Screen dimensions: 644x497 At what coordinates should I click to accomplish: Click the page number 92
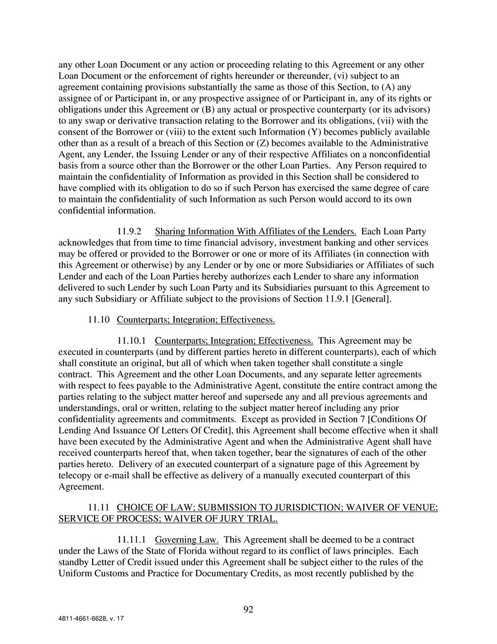point(248,609)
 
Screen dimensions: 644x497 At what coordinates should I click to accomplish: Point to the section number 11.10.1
point(132,341)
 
